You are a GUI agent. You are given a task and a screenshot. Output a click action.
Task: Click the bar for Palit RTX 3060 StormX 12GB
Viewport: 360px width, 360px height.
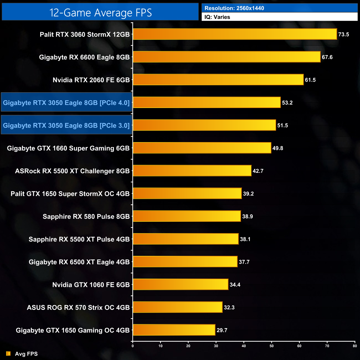coord(235,34)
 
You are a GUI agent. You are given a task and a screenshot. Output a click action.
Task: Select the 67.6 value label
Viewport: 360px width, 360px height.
coord(327,57)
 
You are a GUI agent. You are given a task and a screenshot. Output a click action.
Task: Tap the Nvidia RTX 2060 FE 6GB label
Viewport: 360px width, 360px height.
coord(91,80)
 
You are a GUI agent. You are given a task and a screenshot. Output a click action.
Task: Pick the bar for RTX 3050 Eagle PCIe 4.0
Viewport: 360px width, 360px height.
coord(207,103)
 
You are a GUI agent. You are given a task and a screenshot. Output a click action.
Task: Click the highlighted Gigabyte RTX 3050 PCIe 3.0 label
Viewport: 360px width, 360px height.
coord(66,125)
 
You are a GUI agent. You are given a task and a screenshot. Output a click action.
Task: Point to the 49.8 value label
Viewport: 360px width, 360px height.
coord(278,148)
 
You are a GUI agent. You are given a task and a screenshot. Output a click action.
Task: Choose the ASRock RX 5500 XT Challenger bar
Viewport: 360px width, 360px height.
coord(192,171)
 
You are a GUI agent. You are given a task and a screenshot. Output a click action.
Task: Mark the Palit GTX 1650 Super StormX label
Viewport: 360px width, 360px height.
coord(70,194)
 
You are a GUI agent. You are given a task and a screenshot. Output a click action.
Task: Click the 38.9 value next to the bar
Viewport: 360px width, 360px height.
coord(248,217)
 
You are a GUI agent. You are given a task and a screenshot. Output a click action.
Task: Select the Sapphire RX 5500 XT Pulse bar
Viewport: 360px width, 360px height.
coord(186,239)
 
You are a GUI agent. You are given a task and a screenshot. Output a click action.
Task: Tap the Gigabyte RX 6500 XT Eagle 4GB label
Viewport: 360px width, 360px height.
coord(79,262)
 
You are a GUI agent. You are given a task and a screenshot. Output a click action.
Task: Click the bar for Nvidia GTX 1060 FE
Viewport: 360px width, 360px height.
coord(181,285)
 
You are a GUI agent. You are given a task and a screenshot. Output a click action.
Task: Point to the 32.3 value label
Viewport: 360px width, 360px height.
coord(229,307)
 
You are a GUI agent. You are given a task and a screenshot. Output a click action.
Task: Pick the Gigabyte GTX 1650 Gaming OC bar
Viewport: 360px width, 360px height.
coord(174,330)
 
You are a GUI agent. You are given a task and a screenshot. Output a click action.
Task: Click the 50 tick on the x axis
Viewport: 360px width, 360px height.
coord(272,346)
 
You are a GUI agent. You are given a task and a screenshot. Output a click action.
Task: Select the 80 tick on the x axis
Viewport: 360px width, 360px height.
coord(355,346)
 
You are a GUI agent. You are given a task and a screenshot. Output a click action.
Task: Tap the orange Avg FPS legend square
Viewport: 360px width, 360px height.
coord(8,354)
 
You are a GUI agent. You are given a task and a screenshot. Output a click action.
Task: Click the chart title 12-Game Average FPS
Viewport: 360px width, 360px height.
coord(100,13)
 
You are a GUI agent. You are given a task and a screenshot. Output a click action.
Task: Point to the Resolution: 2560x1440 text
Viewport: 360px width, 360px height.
coord(234,8)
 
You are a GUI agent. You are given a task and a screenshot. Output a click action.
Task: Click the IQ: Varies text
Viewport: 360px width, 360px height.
coord(217,17)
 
